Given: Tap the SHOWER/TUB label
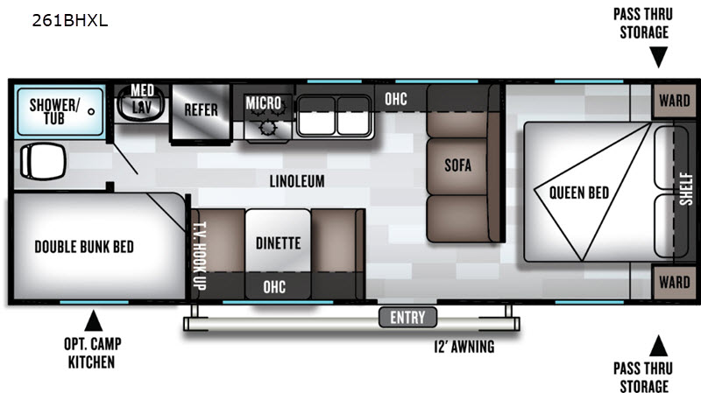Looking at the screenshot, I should coord(54,111).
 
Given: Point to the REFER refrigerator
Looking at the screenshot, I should coord(201,110).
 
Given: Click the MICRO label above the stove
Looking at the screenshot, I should coord(263,103).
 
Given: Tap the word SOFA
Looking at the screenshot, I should coord(458,165).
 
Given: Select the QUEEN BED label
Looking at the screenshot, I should coord(579,192).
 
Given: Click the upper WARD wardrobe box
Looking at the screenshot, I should coord(674,100).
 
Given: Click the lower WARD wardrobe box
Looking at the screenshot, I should coord(674,282).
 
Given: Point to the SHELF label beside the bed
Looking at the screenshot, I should coord(685,191).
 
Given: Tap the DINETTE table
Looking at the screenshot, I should coord(278,243).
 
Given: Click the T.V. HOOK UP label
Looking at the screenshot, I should coord(199,255).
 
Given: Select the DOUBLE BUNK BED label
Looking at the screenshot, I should coord(84,247).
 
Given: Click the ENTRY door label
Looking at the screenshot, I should coord(407,317).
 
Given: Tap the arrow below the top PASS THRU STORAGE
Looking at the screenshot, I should coord(658,59).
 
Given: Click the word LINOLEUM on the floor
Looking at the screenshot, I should coord(297,181).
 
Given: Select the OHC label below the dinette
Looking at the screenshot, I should coord(274,287).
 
